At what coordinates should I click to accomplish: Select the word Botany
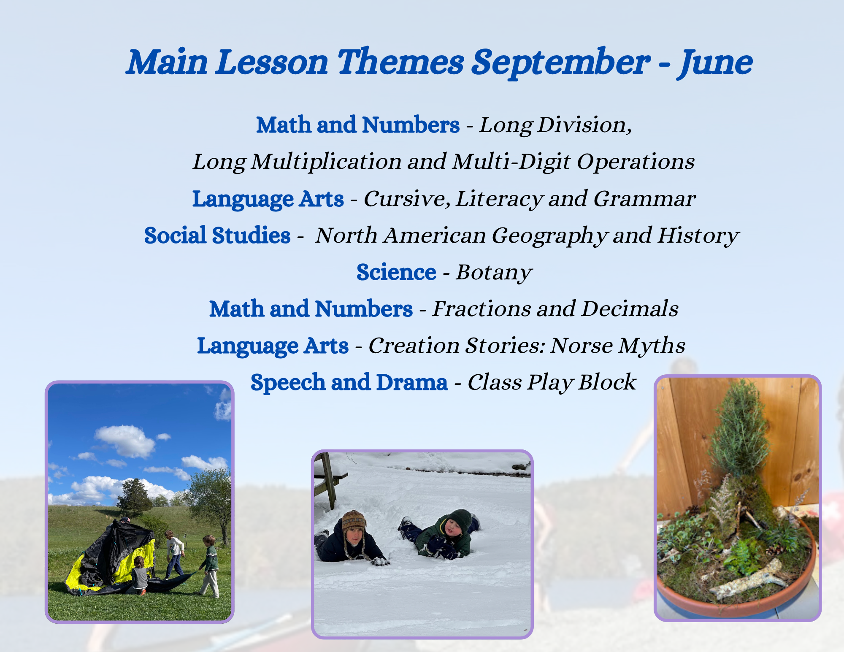(x=494, y=273)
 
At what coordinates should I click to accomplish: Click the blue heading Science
(x=396, y=272)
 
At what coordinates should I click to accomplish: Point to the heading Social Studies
(x=217, y=235)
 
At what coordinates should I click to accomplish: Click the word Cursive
(x=407, y=199)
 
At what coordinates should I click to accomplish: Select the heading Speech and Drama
(x=349, y=382)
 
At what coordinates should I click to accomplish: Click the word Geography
(x=550, y=235)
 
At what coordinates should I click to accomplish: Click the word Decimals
(x=630, y=309)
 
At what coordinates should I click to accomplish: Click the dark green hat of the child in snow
(x=459, y=520)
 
